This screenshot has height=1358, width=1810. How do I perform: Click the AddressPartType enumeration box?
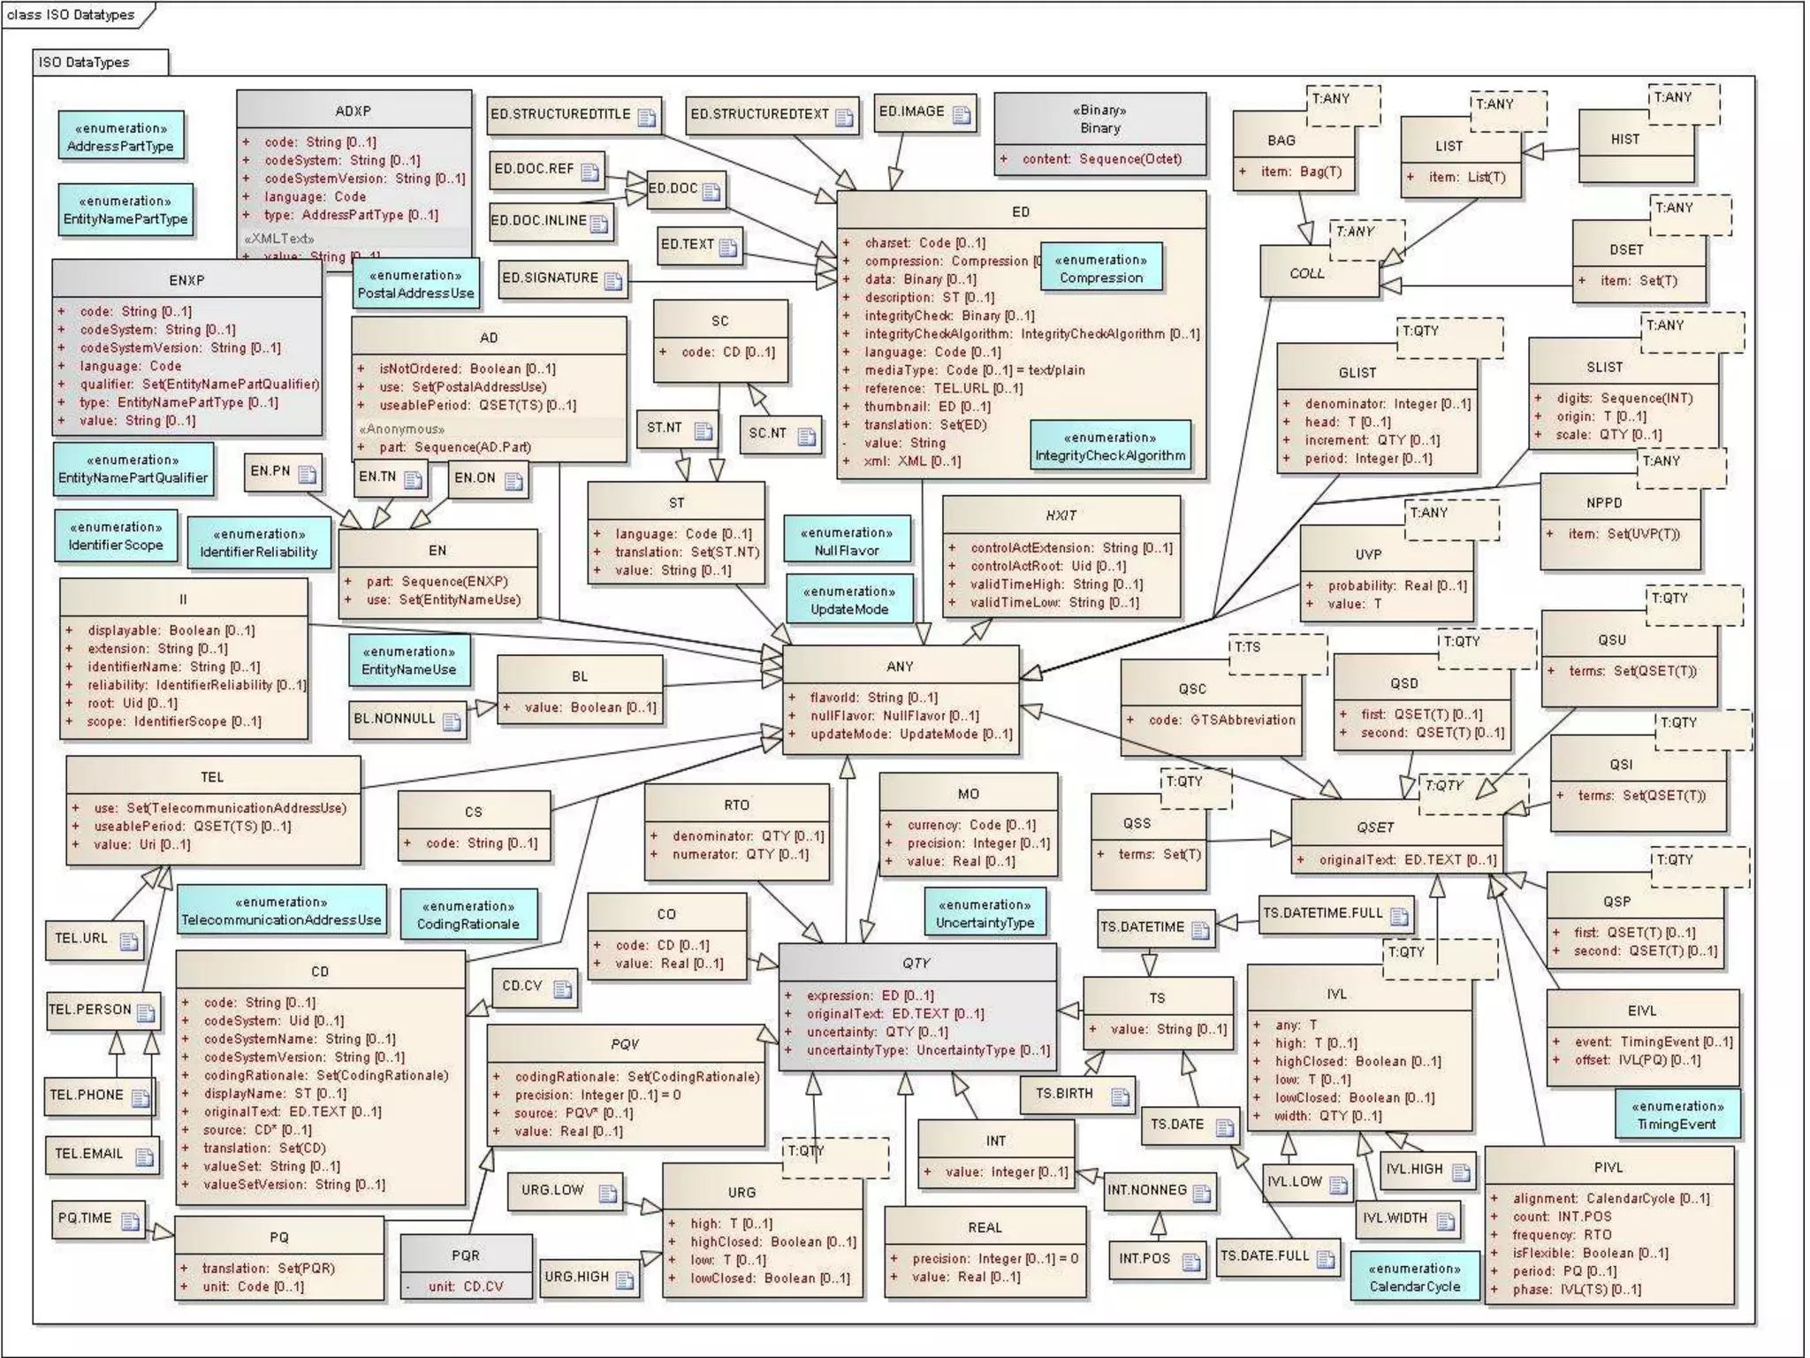[x=121, y=137]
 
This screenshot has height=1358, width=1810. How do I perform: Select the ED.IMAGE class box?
[x=924, y=113]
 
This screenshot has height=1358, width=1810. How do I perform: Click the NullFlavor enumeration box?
[x=847, y=541]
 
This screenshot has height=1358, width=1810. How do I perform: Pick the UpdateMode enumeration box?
[x=849, y=600]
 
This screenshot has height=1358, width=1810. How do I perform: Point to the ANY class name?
[x=900, y=667]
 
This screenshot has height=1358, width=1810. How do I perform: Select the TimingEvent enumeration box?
[x=1676, y=1115]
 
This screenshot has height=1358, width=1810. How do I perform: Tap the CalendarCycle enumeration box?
[x=1414, y=1277]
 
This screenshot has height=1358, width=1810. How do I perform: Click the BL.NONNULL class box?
[x=407, y=720]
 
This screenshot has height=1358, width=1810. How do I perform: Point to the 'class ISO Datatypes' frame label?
[x=72, y=15]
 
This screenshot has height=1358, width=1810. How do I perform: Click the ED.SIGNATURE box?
[x=562, y=278]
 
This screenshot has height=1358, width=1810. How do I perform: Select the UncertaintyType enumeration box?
[x=985, y=913]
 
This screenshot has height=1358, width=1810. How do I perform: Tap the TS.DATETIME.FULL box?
[x=1335, y=914]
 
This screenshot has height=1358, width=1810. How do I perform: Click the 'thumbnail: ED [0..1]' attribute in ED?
[x=927, y=407]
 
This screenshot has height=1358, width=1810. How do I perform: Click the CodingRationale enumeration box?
[x=468, y=915]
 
